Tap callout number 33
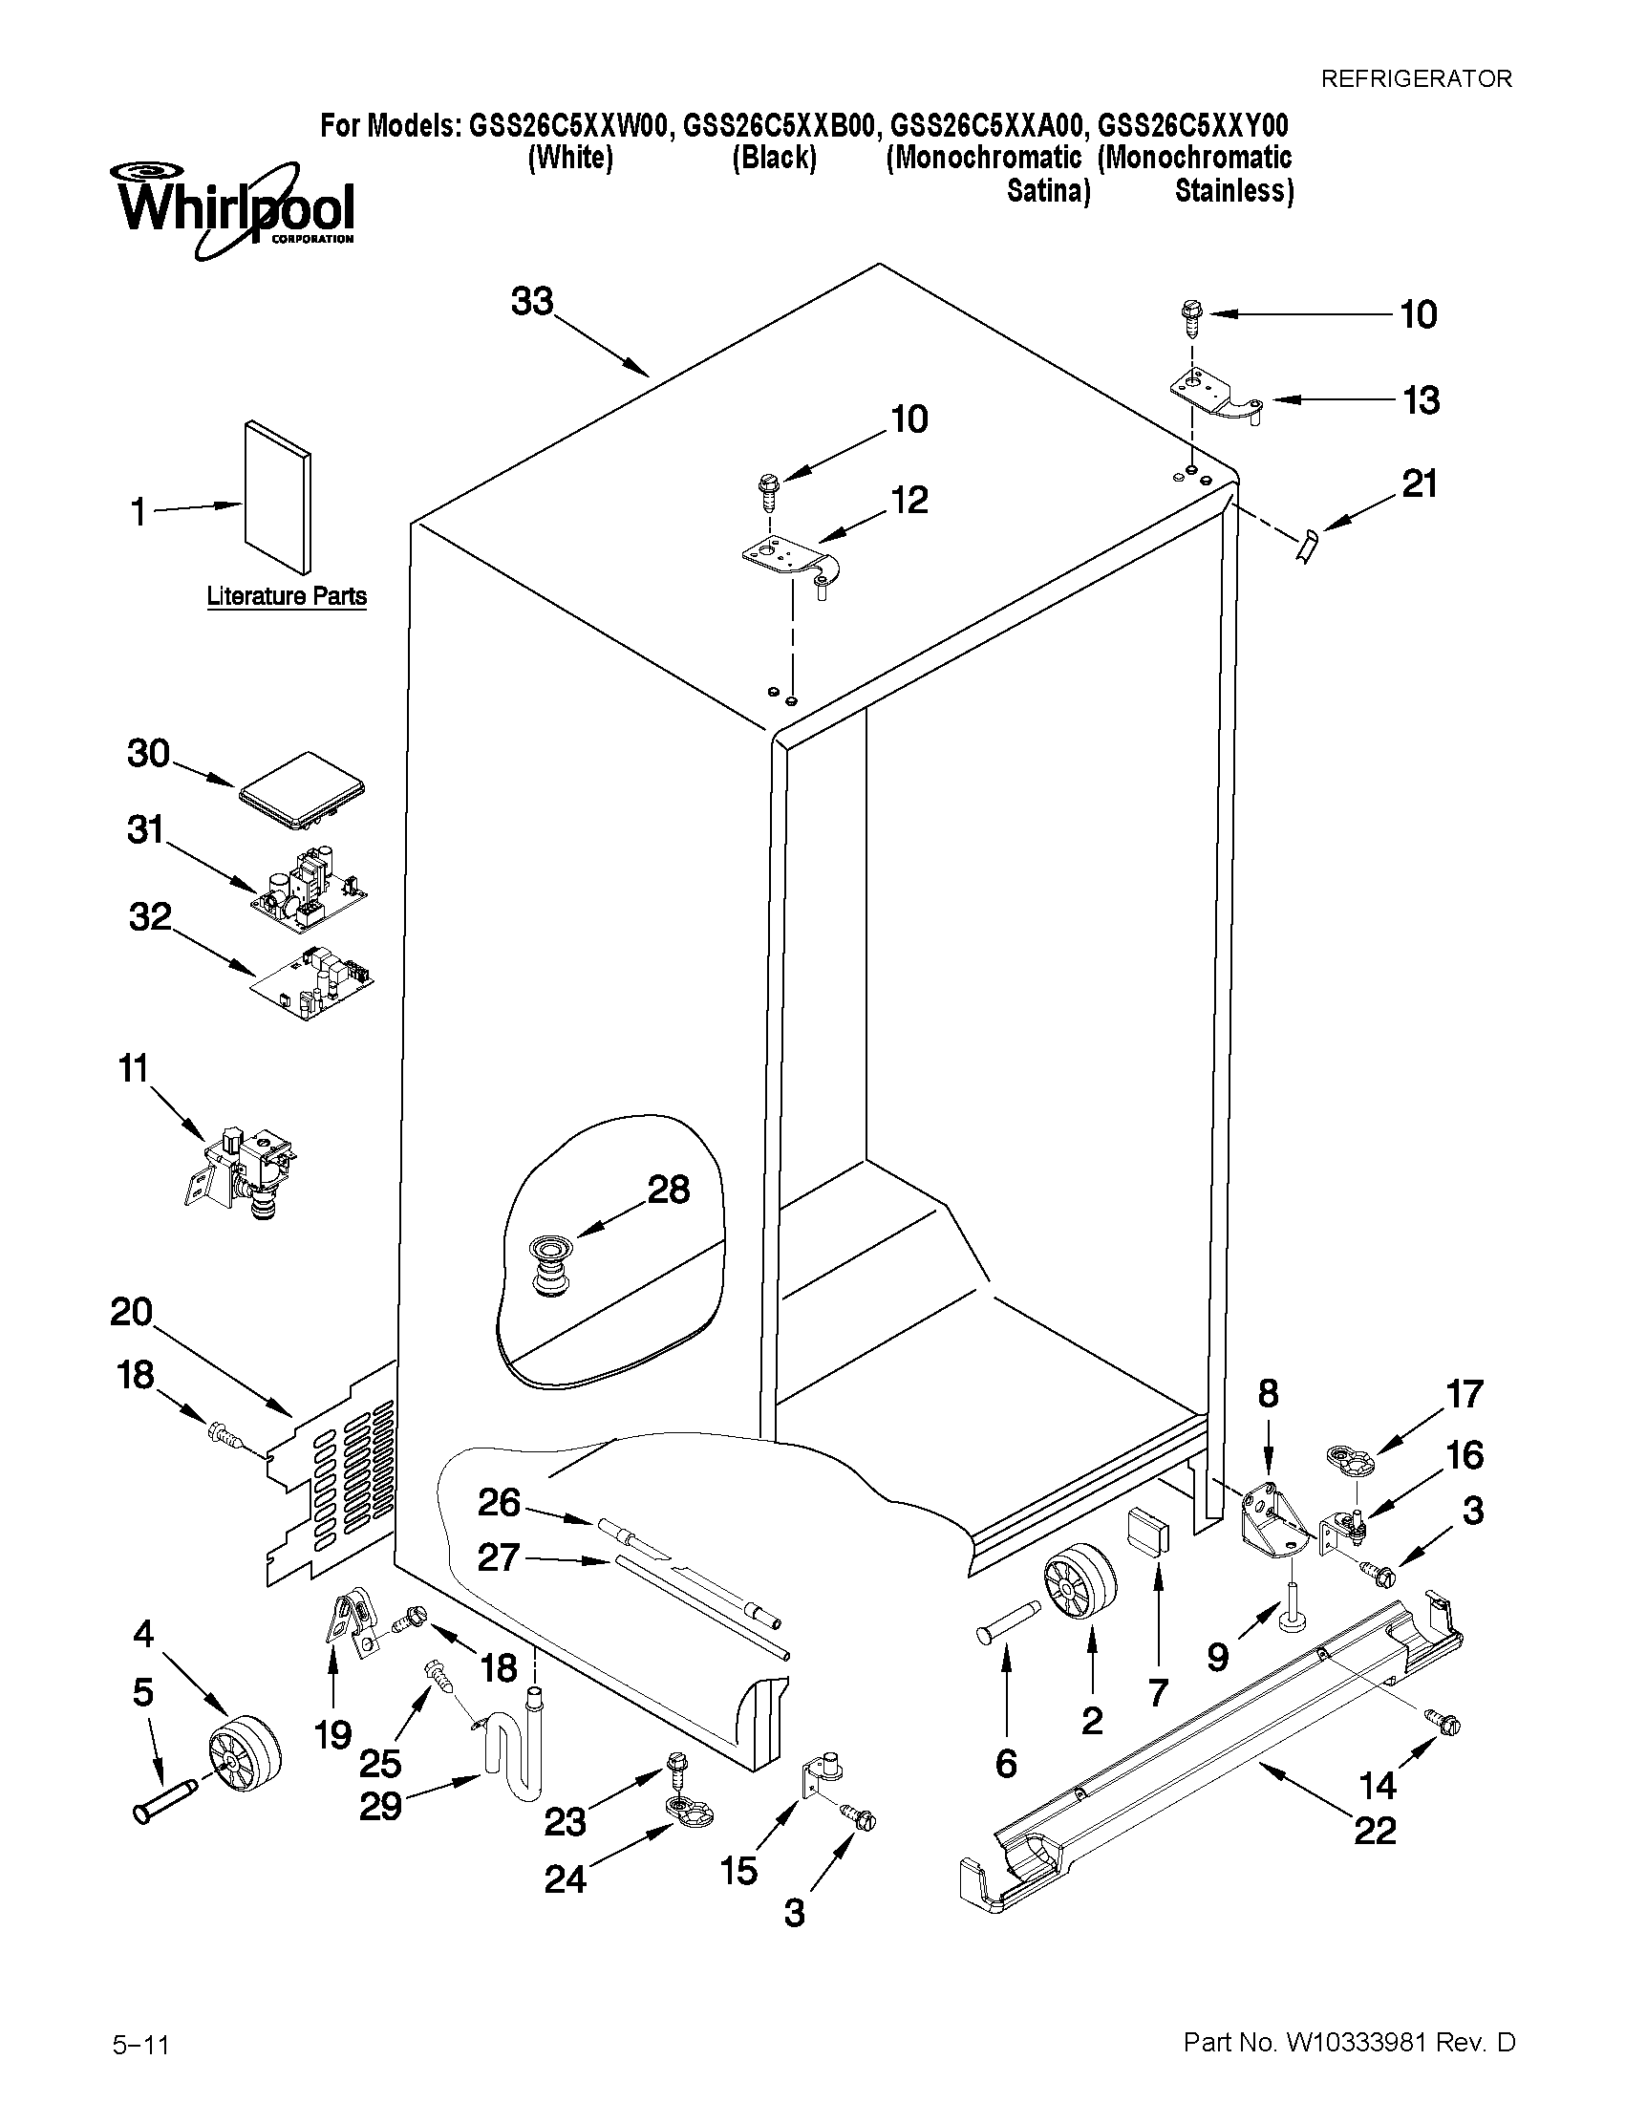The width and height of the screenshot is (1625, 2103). (x=532, y=301)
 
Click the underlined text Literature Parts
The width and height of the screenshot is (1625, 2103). (x=286, y=597)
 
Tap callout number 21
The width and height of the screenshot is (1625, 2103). (x=1419, y=483)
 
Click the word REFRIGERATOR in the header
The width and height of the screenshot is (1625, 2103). (x=1415, y=79)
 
